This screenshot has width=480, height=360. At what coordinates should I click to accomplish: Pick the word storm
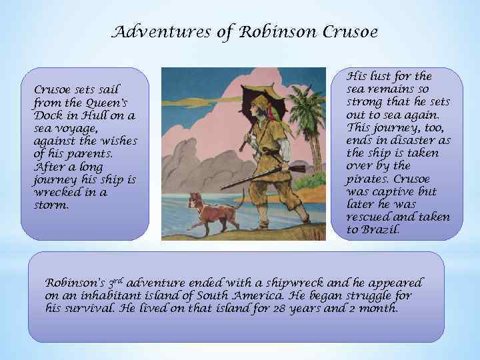(51, 205)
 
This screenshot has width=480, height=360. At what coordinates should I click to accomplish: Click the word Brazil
(380, 230)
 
